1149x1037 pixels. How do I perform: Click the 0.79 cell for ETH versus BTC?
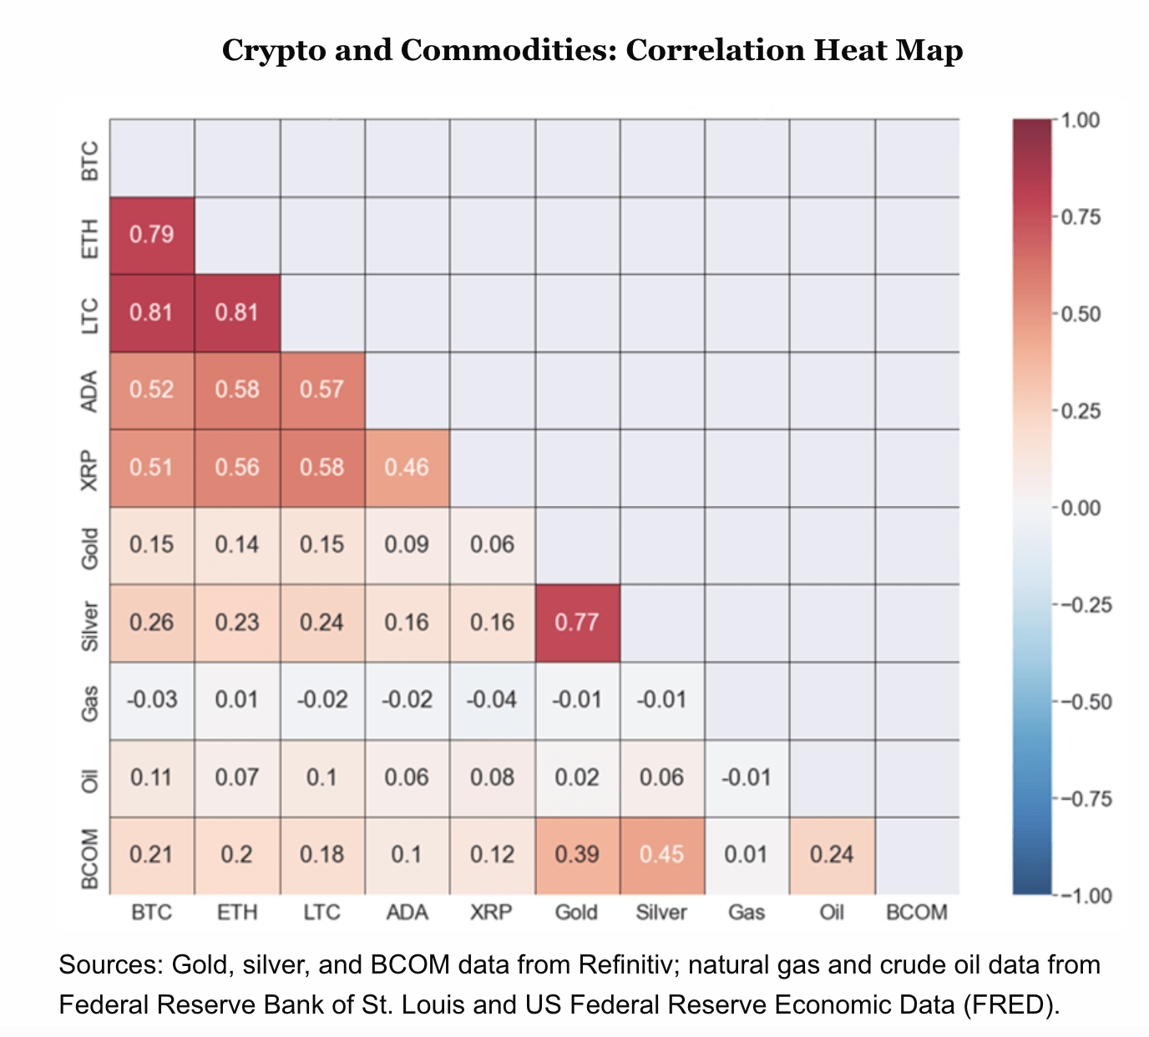(152, 235)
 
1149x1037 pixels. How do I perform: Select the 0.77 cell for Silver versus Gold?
(577, 623)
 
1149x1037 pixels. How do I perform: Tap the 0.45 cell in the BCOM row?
(662, 855)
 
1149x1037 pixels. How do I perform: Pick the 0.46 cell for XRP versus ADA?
(407, 468)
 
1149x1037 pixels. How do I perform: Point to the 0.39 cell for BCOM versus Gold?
(577, 855)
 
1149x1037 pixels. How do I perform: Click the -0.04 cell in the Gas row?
(492, 700)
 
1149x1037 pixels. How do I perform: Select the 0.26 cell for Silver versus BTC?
(152, 623)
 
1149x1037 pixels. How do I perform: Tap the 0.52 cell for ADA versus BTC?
(152, 390)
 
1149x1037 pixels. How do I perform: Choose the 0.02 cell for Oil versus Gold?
(577, 777)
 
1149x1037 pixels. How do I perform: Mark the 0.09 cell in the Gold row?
(407, 545)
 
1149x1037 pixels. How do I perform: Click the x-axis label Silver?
(661, 913)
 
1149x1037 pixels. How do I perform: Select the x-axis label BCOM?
(916, 913)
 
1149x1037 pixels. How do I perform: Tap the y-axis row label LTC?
(89, 315)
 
